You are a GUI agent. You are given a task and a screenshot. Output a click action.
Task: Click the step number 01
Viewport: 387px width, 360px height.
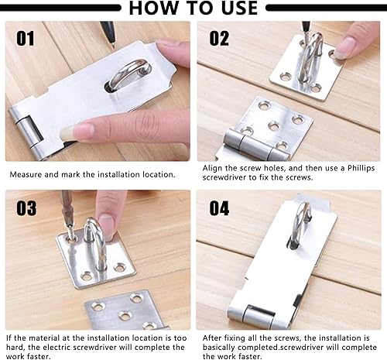26,39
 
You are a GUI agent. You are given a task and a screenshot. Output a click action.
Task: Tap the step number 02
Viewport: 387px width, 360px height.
219,39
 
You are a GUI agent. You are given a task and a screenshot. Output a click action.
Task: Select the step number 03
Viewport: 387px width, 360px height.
26,208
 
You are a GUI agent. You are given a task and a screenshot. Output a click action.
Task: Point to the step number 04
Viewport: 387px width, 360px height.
219,208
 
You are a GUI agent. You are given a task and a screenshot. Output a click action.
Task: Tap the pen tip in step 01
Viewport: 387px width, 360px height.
113,46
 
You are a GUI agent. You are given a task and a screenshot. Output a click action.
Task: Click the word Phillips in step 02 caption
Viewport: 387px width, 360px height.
361,169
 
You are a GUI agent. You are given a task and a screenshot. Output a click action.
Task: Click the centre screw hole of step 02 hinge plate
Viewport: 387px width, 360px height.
273,126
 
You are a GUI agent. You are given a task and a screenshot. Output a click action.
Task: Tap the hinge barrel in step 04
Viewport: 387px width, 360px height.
259,317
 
